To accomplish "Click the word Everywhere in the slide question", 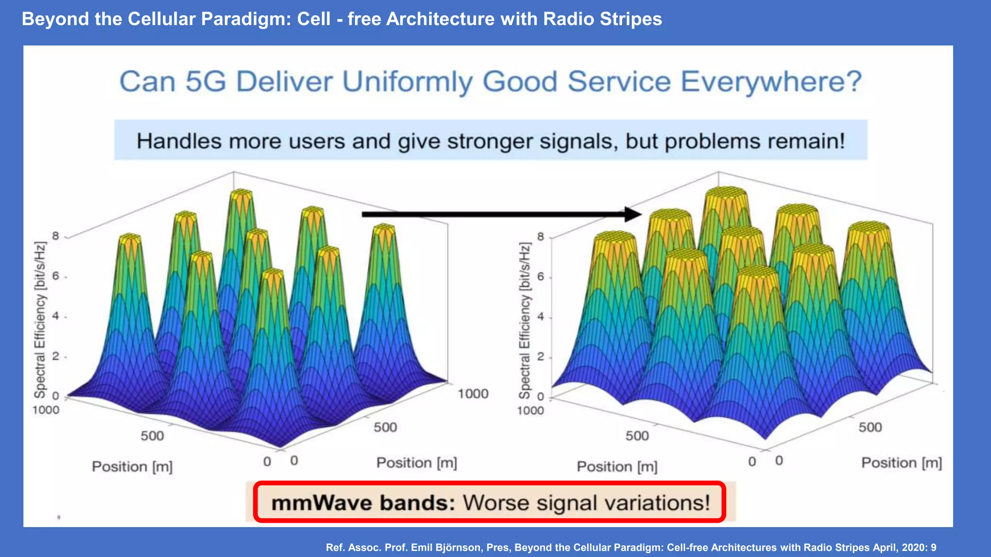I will tap(771, 82).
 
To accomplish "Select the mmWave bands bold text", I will tap(363, 503).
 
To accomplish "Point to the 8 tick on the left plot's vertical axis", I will tap(56, 236).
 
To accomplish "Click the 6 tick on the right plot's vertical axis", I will tap(541, 277).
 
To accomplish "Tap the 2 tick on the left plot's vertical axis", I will tap(56, 356).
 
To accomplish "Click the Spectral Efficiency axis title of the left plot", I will tap(40, 320).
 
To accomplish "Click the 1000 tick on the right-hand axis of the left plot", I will tap(473, 394).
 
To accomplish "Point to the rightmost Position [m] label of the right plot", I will tap(901, 463).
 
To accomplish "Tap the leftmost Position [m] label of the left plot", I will tap(132, 467).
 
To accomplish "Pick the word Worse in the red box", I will tap(496, 503).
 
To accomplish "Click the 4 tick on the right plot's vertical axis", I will tap(541, 317).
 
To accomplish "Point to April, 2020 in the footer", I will tap(900, 547).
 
